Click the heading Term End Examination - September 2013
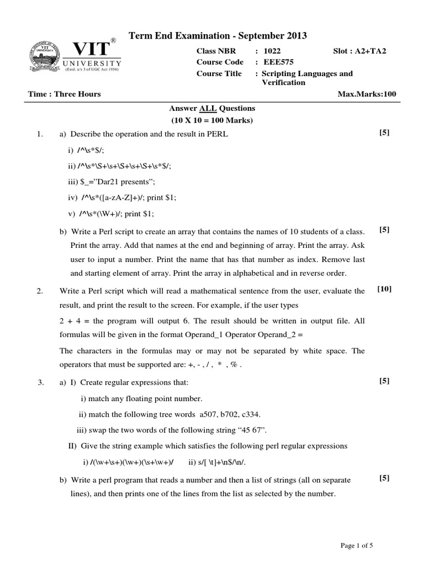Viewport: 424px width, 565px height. (218, 36)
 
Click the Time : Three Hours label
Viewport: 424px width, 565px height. (65, 94)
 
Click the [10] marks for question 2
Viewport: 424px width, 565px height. (384, 289)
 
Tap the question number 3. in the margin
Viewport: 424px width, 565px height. (40, 382)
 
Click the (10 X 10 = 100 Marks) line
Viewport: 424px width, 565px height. (212, 120)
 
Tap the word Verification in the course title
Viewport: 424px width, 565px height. (283, 82)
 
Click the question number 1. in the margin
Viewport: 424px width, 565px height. (40, 134)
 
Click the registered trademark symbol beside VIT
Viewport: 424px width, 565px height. (113, 41)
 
